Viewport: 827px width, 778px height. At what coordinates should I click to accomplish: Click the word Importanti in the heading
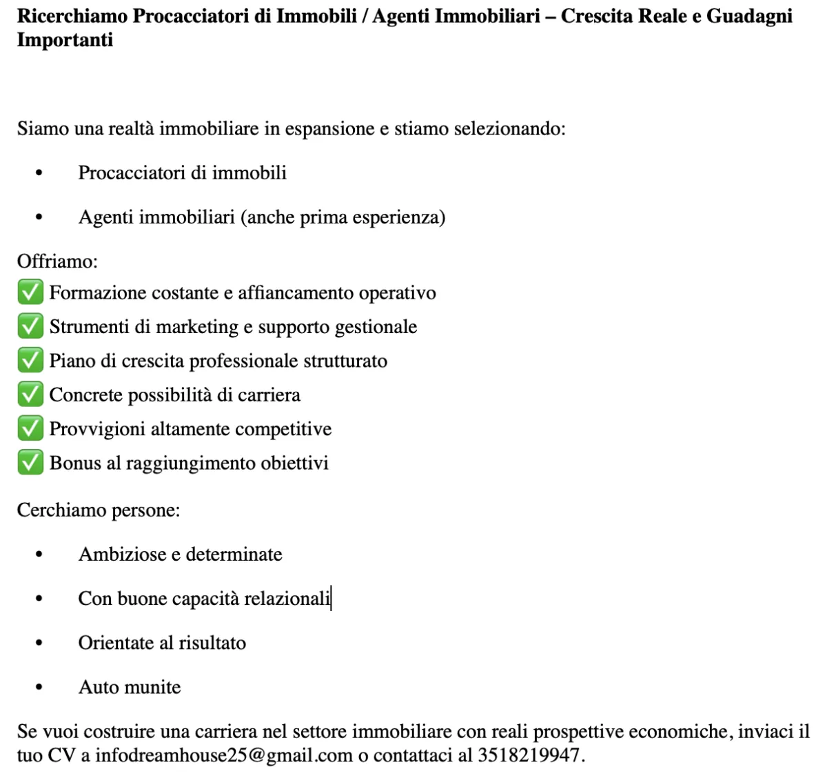[x=65, y=40]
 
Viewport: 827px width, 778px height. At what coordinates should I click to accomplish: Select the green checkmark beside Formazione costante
[x=30, y=292]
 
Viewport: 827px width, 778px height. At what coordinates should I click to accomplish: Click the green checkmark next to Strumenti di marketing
[x=30, y=326]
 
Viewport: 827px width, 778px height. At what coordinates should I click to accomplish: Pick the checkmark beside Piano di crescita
[x=30, y=360]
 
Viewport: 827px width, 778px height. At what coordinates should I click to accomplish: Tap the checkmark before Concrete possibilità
[x=30, y=395]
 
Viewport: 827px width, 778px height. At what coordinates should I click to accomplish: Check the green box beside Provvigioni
[x=30, y=428]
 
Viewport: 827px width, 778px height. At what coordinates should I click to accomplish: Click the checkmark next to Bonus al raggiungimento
[x=30, y=462]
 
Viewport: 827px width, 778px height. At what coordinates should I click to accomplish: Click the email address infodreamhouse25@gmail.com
[x=223, y=755]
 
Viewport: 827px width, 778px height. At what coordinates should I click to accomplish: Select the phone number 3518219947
[x=529, y=755]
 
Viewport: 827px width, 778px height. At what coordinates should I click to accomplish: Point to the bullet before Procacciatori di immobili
[x=39, y=173]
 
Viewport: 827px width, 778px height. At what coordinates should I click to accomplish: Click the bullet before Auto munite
[x=39, y=688]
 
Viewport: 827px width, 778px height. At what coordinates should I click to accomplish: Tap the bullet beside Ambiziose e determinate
[x=39, y=555]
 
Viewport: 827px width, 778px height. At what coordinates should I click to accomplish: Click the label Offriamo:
[x=57, y=261]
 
